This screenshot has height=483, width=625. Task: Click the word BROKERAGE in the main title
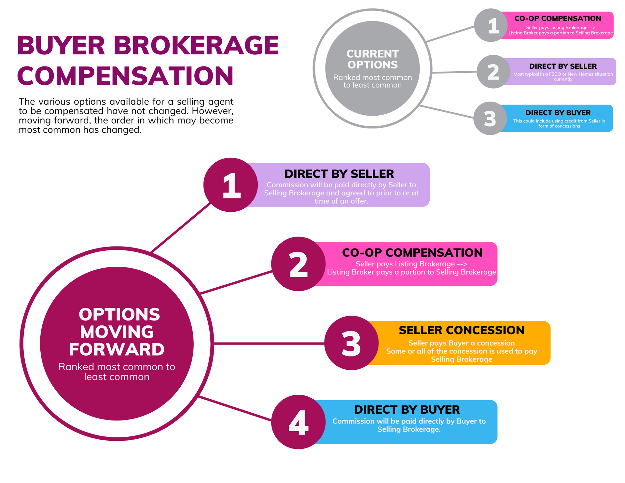196,46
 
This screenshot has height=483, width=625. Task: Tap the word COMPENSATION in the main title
125,76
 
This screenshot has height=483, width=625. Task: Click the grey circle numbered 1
491,25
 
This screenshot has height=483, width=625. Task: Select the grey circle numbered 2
493,72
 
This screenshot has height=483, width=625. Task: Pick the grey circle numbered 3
490,119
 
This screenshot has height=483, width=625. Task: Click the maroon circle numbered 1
231,185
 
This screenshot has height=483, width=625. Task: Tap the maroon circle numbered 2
298,264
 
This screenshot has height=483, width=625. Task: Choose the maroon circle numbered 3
351,343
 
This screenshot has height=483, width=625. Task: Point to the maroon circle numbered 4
298,422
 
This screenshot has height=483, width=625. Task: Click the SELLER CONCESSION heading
462,330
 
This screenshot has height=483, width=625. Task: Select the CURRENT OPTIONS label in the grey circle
372,59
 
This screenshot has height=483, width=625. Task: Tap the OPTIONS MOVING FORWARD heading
117,332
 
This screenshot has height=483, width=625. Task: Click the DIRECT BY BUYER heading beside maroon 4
407,409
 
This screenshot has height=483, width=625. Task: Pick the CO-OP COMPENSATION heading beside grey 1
558,19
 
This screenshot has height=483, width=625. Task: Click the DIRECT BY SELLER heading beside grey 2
563,66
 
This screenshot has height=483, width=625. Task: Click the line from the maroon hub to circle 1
181,228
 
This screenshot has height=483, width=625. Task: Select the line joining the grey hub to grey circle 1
451,34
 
